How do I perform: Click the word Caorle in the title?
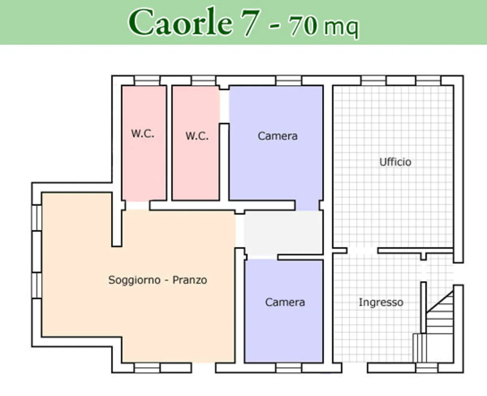pyautogui.click(x=181, y=22)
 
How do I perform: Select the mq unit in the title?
pyautogui.click(x=342, y=29)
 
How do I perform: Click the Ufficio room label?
pyautogui.click(x=395, y=162)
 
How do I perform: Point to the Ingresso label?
pyautogui.click(x=381, y=302)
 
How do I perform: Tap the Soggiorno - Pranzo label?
pyautogui.click(x=158, y=280)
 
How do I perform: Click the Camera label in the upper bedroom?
pyautogui.click(x=278, y=136)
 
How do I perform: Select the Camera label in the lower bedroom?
pyautogui.click(x=285, y=302)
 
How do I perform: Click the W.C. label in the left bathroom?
pyautogui.click(x=143, y=133)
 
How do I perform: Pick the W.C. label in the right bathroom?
pyautogui.click(x=197, y=136)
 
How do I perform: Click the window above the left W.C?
pyautogui.click(x=147, y=80)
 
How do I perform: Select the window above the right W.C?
pyautogui.click(x=203, y=80)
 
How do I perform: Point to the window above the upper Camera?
pyautogui.click(x=289, y=80)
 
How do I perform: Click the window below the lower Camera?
pyautogui.click(x=289, y=368)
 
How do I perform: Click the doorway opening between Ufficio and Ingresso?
pyautogui.click(x=362, y=250)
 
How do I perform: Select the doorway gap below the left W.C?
pyautogui.click(x=138, y=205)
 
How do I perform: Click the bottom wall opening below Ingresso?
pyautogui.click(x=355, y=368)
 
